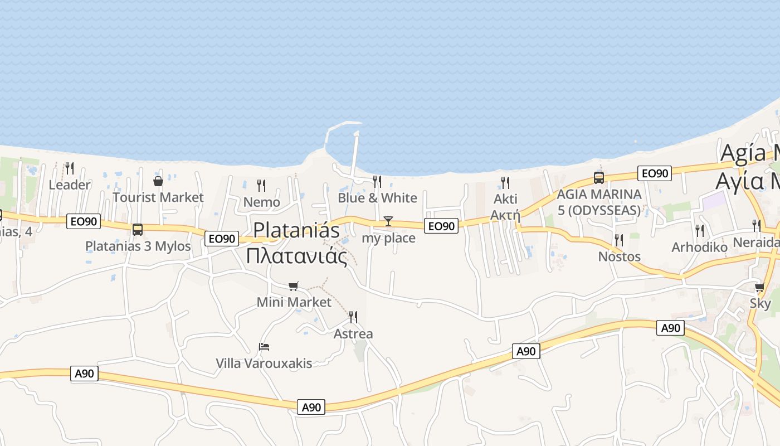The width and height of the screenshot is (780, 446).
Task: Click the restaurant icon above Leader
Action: click(x=70, y=167)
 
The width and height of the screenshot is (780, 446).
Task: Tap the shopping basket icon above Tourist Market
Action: click(x=158, y=181)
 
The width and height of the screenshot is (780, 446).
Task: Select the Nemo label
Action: click(x=261, y=202)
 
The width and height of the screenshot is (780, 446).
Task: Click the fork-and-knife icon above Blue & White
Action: click(x=377, y=181)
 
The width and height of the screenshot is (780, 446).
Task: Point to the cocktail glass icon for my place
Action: click(x=388, y=221)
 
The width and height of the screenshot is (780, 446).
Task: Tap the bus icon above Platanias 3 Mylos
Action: click(x=137, y=229)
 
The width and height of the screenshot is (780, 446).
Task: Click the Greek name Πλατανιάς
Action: click(x=296, y=256)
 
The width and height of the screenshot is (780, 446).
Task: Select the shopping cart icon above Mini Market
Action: click(x=294, y=286)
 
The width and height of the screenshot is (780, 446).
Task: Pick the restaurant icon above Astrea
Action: click(x=353, y=317)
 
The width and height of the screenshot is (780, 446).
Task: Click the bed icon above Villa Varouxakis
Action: click(x=264, y=347)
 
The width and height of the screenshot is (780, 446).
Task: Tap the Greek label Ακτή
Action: click(x=505, y=215)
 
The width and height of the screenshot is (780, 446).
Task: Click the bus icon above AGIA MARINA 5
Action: click(x=599, y=178)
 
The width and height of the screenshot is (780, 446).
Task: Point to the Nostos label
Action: click(x=619, y=256)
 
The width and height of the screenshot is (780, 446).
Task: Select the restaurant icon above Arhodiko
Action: click(x=700, y=230)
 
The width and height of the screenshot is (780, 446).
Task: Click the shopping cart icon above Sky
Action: click(x=760, y=288)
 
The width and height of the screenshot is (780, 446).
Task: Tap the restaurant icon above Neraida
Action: click(x=756, y=225)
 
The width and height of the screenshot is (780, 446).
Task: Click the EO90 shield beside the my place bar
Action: click(x=441, y=226)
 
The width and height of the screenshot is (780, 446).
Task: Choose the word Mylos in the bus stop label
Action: click(x=172, y=246)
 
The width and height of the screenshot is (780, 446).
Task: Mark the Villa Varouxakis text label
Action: click(x=264, y=363)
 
